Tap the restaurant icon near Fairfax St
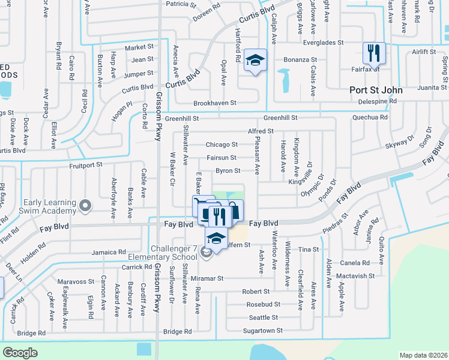(x=375, y=53)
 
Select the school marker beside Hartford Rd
(x=255, y=60)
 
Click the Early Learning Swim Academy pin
(x=85, y=206)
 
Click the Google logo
(x=20, y=352)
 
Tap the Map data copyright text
(x=423, y=355)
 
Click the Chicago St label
(x=221, y=145)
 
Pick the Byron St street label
(x=228, y=171)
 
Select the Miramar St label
(x=206, y=278)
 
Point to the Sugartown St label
(x=262, y=331)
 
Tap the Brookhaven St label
(x=215, y=103)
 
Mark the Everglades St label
(x=323, y=43)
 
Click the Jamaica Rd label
(x=109, y=253)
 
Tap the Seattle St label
(x=263, y=317)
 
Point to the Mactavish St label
(x=355, y=276)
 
